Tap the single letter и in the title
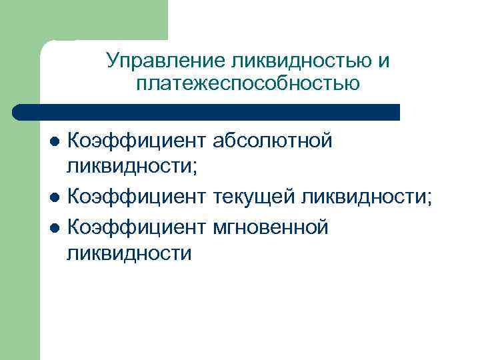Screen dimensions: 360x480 pos(383,61)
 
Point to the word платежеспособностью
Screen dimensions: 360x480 pos(247,84)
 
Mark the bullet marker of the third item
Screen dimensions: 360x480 pos(55,228)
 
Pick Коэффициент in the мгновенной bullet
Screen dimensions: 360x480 pos(137,227)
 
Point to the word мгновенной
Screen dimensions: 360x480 pos(271,227)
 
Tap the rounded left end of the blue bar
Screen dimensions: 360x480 pos(19,112)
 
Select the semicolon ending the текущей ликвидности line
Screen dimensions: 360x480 pos(429,199)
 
